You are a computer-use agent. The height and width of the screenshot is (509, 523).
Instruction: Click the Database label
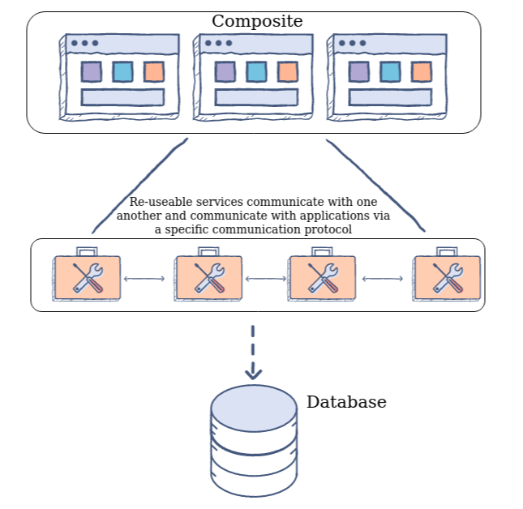[346, 402]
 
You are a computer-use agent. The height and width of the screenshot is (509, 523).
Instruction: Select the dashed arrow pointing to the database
[254, 353]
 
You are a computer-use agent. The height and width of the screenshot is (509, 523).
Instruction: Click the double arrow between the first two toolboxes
[147, 280]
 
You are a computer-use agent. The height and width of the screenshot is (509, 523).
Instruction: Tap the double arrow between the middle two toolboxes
[265, 280]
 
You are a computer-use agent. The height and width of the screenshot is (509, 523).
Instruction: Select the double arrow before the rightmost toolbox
[384, 280]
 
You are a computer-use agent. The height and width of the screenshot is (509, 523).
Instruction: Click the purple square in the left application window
[91, 71]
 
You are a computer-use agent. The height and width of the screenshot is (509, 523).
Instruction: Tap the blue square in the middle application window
[256, 71]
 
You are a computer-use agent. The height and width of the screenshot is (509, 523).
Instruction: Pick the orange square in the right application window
[421, 71]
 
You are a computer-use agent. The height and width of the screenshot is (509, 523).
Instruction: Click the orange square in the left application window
[153, 71]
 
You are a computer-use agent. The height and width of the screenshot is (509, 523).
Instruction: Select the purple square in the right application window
[358, 71]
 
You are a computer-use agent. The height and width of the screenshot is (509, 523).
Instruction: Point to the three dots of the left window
[84, 43]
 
